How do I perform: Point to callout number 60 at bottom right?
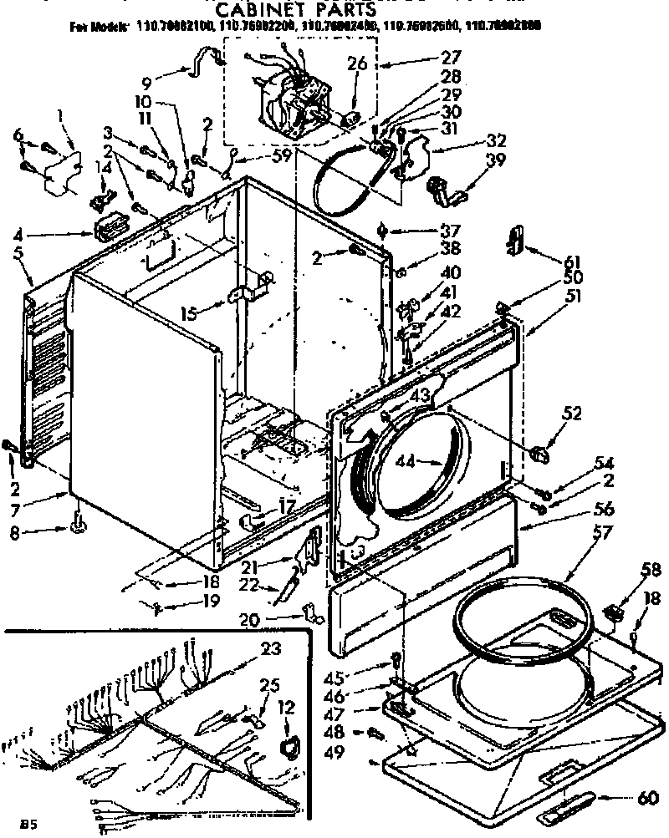click(x=646, y=797)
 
